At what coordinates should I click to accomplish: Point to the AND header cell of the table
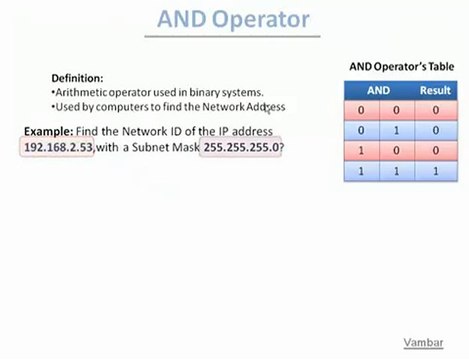378,90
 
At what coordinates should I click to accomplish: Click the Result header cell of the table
435,90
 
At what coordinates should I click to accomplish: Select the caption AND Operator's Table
401,67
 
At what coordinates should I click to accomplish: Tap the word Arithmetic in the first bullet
83,92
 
